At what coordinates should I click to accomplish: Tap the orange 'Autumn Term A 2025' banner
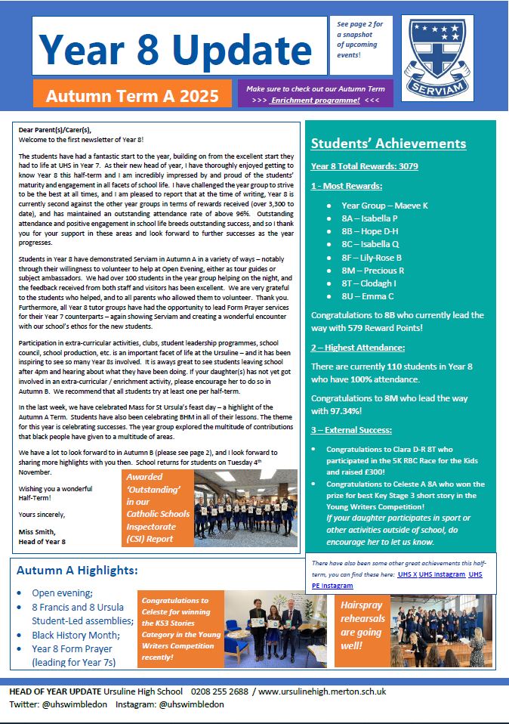point(131,96)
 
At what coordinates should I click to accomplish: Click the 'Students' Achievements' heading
point(388,144)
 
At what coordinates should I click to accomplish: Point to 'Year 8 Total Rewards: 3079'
point(364,166)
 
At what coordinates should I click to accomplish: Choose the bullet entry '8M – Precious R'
point(372,270)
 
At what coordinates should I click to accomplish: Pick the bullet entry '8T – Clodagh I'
point(369,283)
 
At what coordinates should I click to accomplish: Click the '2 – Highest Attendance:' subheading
point(357,347)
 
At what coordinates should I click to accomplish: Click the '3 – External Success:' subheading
point(352,429)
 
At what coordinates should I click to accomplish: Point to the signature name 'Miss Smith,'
point(39,531)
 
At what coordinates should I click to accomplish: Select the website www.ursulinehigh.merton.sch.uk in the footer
point(322,691)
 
